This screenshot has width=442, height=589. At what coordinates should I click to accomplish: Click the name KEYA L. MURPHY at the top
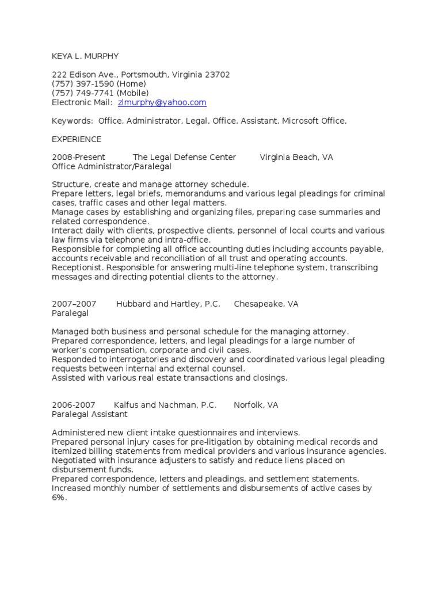(x=85, y=56)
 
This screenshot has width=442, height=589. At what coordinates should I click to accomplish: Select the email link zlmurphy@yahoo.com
(x=162, y=102)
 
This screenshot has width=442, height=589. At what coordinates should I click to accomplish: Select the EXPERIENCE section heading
(x=77, y=139)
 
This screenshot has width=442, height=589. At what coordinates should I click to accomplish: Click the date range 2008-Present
(x=79, y=157)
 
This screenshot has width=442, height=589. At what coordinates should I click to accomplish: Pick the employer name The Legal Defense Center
(x=184, y=157)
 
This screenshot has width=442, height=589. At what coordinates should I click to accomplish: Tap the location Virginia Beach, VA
(x=296, y=157)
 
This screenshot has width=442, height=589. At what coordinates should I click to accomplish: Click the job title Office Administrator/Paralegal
(x=112, y=166)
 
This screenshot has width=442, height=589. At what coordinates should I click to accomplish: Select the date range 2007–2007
(x=74, y=304)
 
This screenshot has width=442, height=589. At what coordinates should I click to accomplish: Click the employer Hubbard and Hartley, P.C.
(x=168, y=304)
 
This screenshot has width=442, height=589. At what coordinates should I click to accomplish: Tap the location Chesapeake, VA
(x=266, y=304)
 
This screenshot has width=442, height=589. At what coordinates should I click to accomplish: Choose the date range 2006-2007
(x=74, y=405)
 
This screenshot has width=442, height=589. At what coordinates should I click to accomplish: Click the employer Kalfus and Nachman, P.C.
(x=165, y=405)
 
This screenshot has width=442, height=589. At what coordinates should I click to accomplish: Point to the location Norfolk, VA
(x=256, y=405)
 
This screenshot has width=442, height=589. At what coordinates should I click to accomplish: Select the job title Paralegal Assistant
(x=90, y=414)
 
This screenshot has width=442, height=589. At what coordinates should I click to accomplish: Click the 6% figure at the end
(x=59, y=498)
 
